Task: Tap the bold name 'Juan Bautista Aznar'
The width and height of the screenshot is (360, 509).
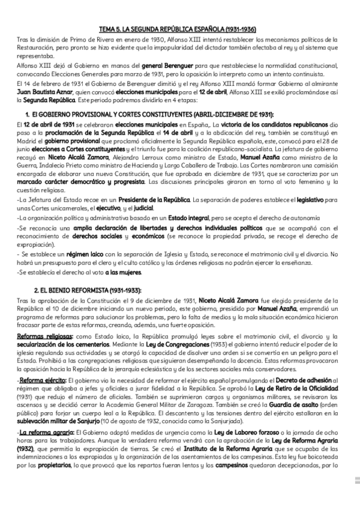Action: click(x=43, y=92)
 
